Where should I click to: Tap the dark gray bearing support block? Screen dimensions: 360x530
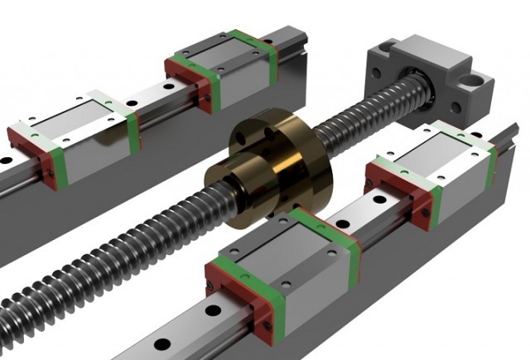coord(431,79)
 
